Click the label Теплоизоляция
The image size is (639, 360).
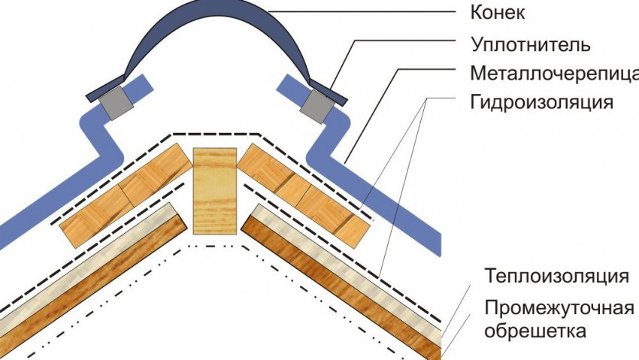tap(556, 277)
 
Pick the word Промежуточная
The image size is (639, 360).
tap(556, 307)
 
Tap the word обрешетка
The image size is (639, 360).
tap(535, 330)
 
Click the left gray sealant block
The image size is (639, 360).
tap(116, 103)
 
